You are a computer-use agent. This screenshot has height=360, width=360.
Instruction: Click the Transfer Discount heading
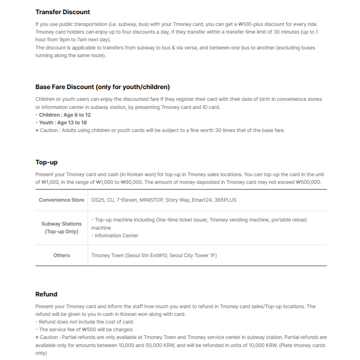tap(63, 12)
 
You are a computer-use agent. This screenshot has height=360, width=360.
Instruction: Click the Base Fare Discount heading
tap(102, 87)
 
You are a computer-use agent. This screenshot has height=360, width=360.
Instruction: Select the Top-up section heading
tap(47, 162)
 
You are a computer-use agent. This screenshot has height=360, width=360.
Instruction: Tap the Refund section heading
tap(46, 294)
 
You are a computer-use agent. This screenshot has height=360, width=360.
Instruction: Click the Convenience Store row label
tap(62, 200)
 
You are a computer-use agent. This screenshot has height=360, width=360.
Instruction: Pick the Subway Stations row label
tap(62, 228)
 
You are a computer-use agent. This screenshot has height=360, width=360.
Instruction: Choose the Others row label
tap(62, 256)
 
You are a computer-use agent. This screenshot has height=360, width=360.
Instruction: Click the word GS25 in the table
tap(97, 200)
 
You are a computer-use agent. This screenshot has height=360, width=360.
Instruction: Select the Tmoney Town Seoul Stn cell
tap(154, 256)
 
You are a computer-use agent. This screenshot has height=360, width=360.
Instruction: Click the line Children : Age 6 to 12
tap(63, 115)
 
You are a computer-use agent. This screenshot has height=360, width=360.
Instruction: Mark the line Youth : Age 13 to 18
tap(61, 123)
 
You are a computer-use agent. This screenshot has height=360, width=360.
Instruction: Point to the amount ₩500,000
tap(309, 182)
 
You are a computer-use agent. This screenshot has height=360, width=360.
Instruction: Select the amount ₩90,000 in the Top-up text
tap(132, 182)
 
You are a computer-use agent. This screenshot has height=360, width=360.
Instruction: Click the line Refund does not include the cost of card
tap(85, 322)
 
